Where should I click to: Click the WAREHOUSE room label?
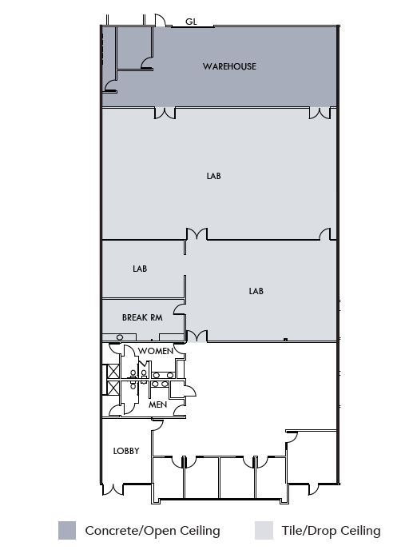[229, 66]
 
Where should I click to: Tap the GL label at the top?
[191, 22]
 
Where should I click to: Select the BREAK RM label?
[142, 317]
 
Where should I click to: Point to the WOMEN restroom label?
[156, 351]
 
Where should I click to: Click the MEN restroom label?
[158, 405]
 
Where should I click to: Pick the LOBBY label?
[126, 451]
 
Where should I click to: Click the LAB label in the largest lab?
[213, 176]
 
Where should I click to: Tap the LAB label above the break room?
[140, 269]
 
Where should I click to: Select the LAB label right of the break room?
[256, 291]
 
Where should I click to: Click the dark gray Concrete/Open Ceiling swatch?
[67, 530]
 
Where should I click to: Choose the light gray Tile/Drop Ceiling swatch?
[264, 530]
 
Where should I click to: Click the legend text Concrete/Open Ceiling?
[153, 530]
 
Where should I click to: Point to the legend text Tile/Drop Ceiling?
[332, 530]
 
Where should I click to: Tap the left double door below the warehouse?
[165, 114]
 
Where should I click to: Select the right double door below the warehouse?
[320, 114]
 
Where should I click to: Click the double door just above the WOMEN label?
[196, 336]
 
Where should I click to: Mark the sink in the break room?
[119, 337]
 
